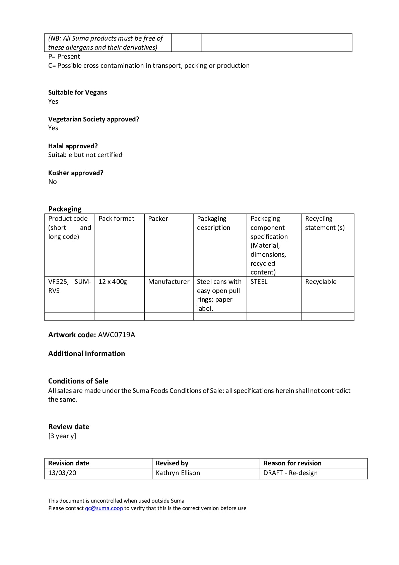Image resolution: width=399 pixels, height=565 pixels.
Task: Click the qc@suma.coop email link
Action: click(x=104, y=508)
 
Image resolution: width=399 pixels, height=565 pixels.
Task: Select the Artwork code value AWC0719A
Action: click(x=117, y=335)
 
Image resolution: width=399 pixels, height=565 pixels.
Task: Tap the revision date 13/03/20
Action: click(x=62, y=473)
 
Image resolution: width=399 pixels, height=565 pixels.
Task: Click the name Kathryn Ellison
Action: click(x=178, y=473)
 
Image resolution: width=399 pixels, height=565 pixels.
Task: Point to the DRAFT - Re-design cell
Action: click(x=290, y=473)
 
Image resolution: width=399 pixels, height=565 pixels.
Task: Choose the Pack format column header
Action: click(x=116, y=219)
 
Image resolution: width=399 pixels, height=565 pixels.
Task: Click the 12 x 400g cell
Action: click(x=113, y=282)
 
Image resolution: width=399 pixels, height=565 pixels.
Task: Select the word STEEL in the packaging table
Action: click(x=259, y=282)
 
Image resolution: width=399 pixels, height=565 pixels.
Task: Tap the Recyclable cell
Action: click(x=321, y=282)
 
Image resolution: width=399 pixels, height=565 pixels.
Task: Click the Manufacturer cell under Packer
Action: click(x=169, y=282)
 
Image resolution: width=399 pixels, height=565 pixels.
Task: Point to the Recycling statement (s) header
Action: click(x=325, y=223)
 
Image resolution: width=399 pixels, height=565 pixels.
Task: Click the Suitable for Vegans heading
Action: click(x=78, y=93)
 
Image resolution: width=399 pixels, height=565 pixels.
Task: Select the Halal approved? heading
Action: click(x=73, y=146)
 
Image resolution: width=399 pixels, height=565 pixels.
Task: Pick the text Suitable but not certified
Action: click(x=85, y=155)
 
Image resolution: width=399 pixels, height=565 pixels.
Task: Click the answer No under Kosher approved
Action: click(x=53, y=182)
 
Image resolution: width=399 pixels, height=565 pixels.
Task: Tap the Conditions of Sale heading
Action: click(x=78, y=381)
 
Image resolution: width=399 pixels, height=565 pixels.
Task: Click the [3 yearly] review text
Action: click(x=62, y=436)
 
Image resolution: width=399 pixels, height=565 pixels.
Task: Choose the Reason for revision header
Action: click(x=292, y=463)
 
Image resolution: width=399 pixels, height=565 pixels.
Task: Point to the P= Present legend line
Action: click(x=64, y=57)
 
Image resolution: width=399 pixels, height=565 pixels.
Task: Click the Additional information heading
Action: click(x=86, y=354)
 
